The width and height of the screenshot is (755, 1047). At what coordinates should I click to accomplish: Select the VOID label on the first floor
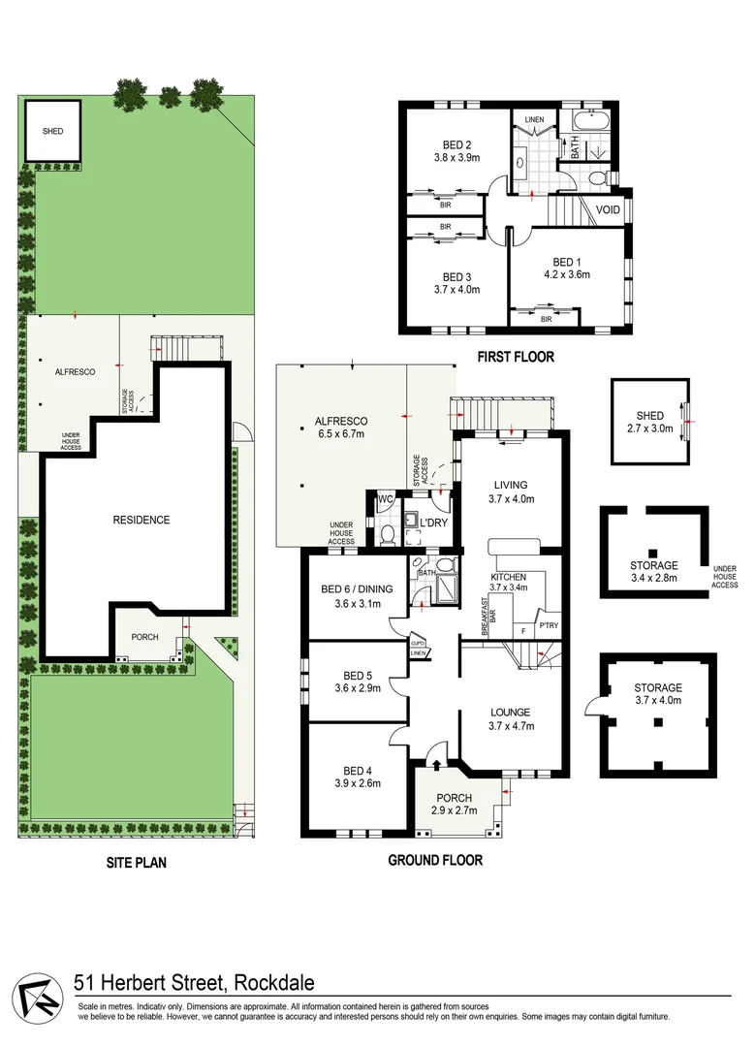[x=608, y=209]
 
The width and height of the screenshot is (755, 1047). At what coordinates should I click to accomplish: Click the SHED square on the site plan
[x=52, y=131]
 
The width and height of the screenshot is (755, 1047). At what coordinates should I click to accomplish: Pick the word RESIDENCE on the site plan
[x=141, y=520]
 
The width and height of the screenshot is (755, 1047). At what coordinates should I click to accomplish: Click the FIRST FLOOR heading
[x=515, y=357]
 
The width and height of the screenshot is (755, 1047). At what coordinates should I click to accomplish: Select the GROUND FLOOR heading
[x=434, y=860]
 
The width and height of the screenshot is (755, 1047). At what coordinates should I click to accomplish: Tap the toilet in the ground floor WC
[x=385, y=532]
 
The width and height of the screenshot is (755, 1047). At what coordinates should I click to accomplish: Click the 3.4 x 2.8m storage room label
[x=653, y=579]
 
